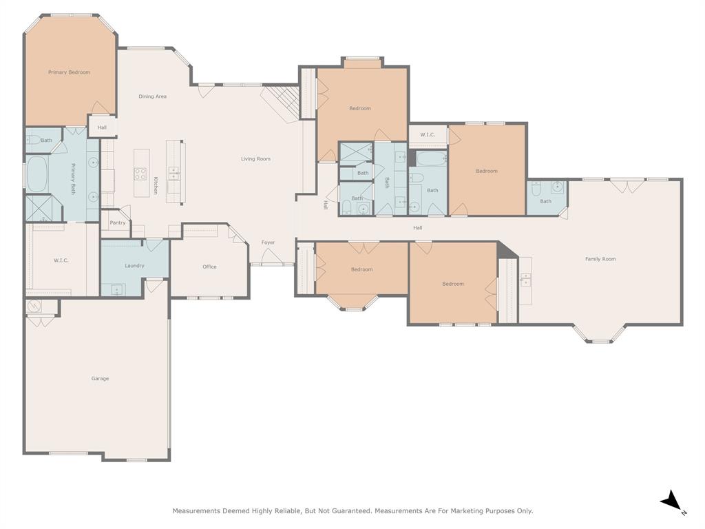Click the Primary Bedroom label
[69, 72]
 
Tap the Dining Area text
[152, 96]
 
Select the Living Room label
[255, 159]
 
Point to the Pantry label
[118, 222]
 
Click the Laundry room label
[134, 266]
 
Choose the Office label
[209, 267]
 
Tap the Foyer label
[268, 242]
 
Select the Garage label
[100, 378]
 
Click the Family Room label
[600, 259]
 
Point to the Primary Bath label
[72, 178]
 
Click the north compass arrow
[672, 501]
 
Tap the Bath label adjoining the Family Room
[545, 201]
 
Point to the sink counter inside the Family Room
[525, 280]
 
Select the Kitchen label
[156, 185]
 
